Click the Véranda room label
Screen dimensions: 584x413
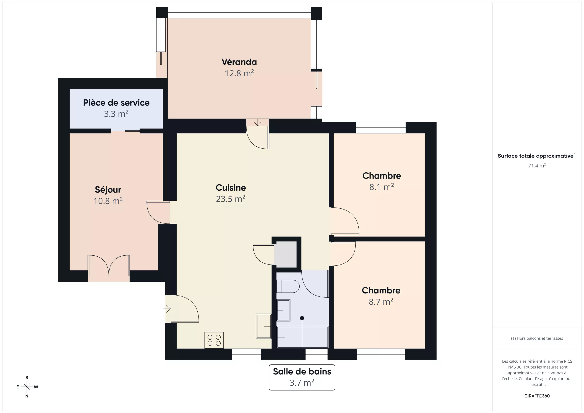pyautogui.click(x=239, y=62)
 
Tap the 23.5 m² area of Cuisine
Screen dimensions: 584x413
pyautogui.click(x=230, y=199)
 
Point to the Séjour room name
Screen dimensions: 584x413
pyautogui.click(x=108, y=190)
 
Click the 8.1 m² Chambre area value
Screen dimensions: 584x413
pyautogui.click(x=381, y=187)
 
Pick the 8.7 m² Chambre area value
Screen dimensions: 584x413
pyautogui.click(x=381, y=302)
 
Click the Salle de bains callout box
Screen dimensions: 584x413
pyautogui.click(x=302, y=377)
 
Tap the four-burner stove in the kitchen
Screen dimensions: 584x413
pyautogui.click(x=214, y=340)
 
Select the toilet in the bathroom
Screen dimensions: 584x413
pyautogui.click(x=288, y=286)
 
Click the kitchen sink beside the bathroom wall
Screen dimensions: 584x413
pyautogui.click(x=263, y=326)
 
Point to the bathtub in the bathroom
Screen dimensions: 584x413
pyautogui.click(x=302, y=337)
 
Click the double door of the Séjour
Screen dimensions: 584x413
pyautogui.click(x=109, y=265)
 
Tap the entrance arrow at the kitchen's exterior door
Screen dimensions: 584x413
pyautogui.click(x=167, y=309)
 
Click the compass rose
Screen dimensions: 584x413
pyautogui.click(x=27, y=387)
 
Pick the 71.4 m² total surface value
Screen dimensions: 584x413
pyautogui.click(x=537, y=166)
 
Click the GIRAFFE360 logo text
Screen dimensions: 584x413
pyautogui.click(x=537, y=396)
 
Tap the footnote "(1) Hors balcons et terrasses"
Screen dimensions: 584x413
pyautogui.click(x=537, y=338)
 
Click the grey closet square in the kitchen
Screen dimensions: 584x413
pyautogui.click(x=285, y=254)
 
